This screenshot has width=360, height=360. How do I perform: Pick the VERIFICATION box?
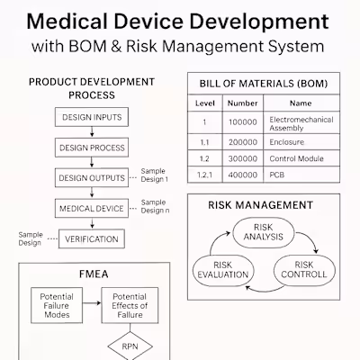91,239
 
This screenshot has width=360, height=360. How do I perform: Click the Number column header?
242,103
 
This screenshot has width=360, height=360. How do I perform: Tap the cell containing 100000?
242,123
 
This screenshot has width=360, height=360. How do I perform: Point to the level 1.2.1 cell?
204,175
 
